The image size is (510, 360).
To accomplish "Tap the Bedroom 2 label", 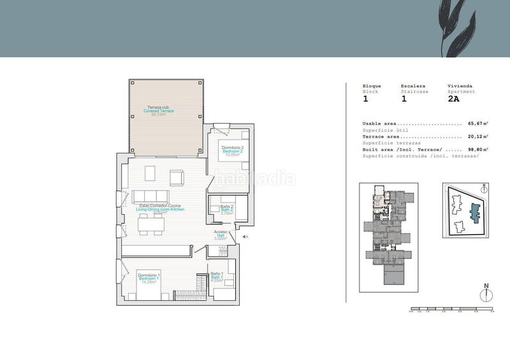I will coord(233,151).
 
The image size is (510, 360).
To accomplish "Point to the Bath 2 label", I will coord(227,210).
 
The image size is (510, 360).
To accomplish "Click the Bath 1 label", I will coord(217,278).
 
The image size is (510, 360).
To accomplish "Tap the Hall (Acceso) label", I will coord(221,235).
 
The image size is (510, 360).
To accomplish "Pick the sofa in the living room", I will coord(150,196).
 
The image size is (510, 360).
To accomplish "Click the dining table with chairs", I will coord(153,223).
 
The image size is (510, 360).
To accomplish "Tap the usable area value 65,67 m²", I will coord(478,124).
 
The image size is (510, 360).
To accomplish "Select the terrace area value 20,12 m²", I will coord(478,136).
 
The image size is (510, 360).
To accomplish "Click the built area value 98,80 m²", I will coord(478,149).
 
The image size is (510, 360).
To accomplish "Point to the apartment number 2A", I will coord(454,99).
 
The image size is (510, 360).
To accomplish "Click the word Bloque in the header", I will coord(372,86).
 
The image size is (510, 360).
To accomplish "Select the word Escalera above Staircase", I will coord(413,86).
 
